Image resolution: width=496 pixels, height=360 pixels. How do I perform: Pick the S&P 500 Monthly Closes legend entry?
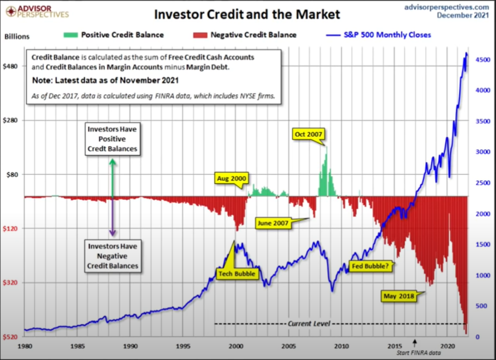point(386,35)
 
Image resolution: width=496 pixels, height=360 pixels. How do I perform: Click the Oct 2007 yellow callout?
point(308,134)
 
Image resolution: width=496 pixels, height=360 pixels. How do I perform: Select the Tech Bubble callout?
point(237,273)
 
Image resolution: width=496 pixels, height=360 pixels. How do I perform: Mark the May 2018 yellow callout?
point(399,296)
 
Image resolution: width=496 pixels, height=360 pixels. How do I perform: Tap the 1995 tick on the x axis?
point(183,345)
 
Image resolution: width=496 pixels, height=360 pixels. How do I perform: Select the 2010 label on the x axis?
point(342,345)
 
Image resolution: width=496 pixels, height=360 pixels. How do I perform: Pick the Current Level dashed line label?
point(308,323)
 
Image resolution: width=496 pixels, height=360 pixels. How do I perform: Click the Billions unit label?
point(17,36)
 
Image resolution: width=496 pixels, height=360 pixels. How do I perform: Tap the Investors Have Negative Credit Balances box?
point(113,255)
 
